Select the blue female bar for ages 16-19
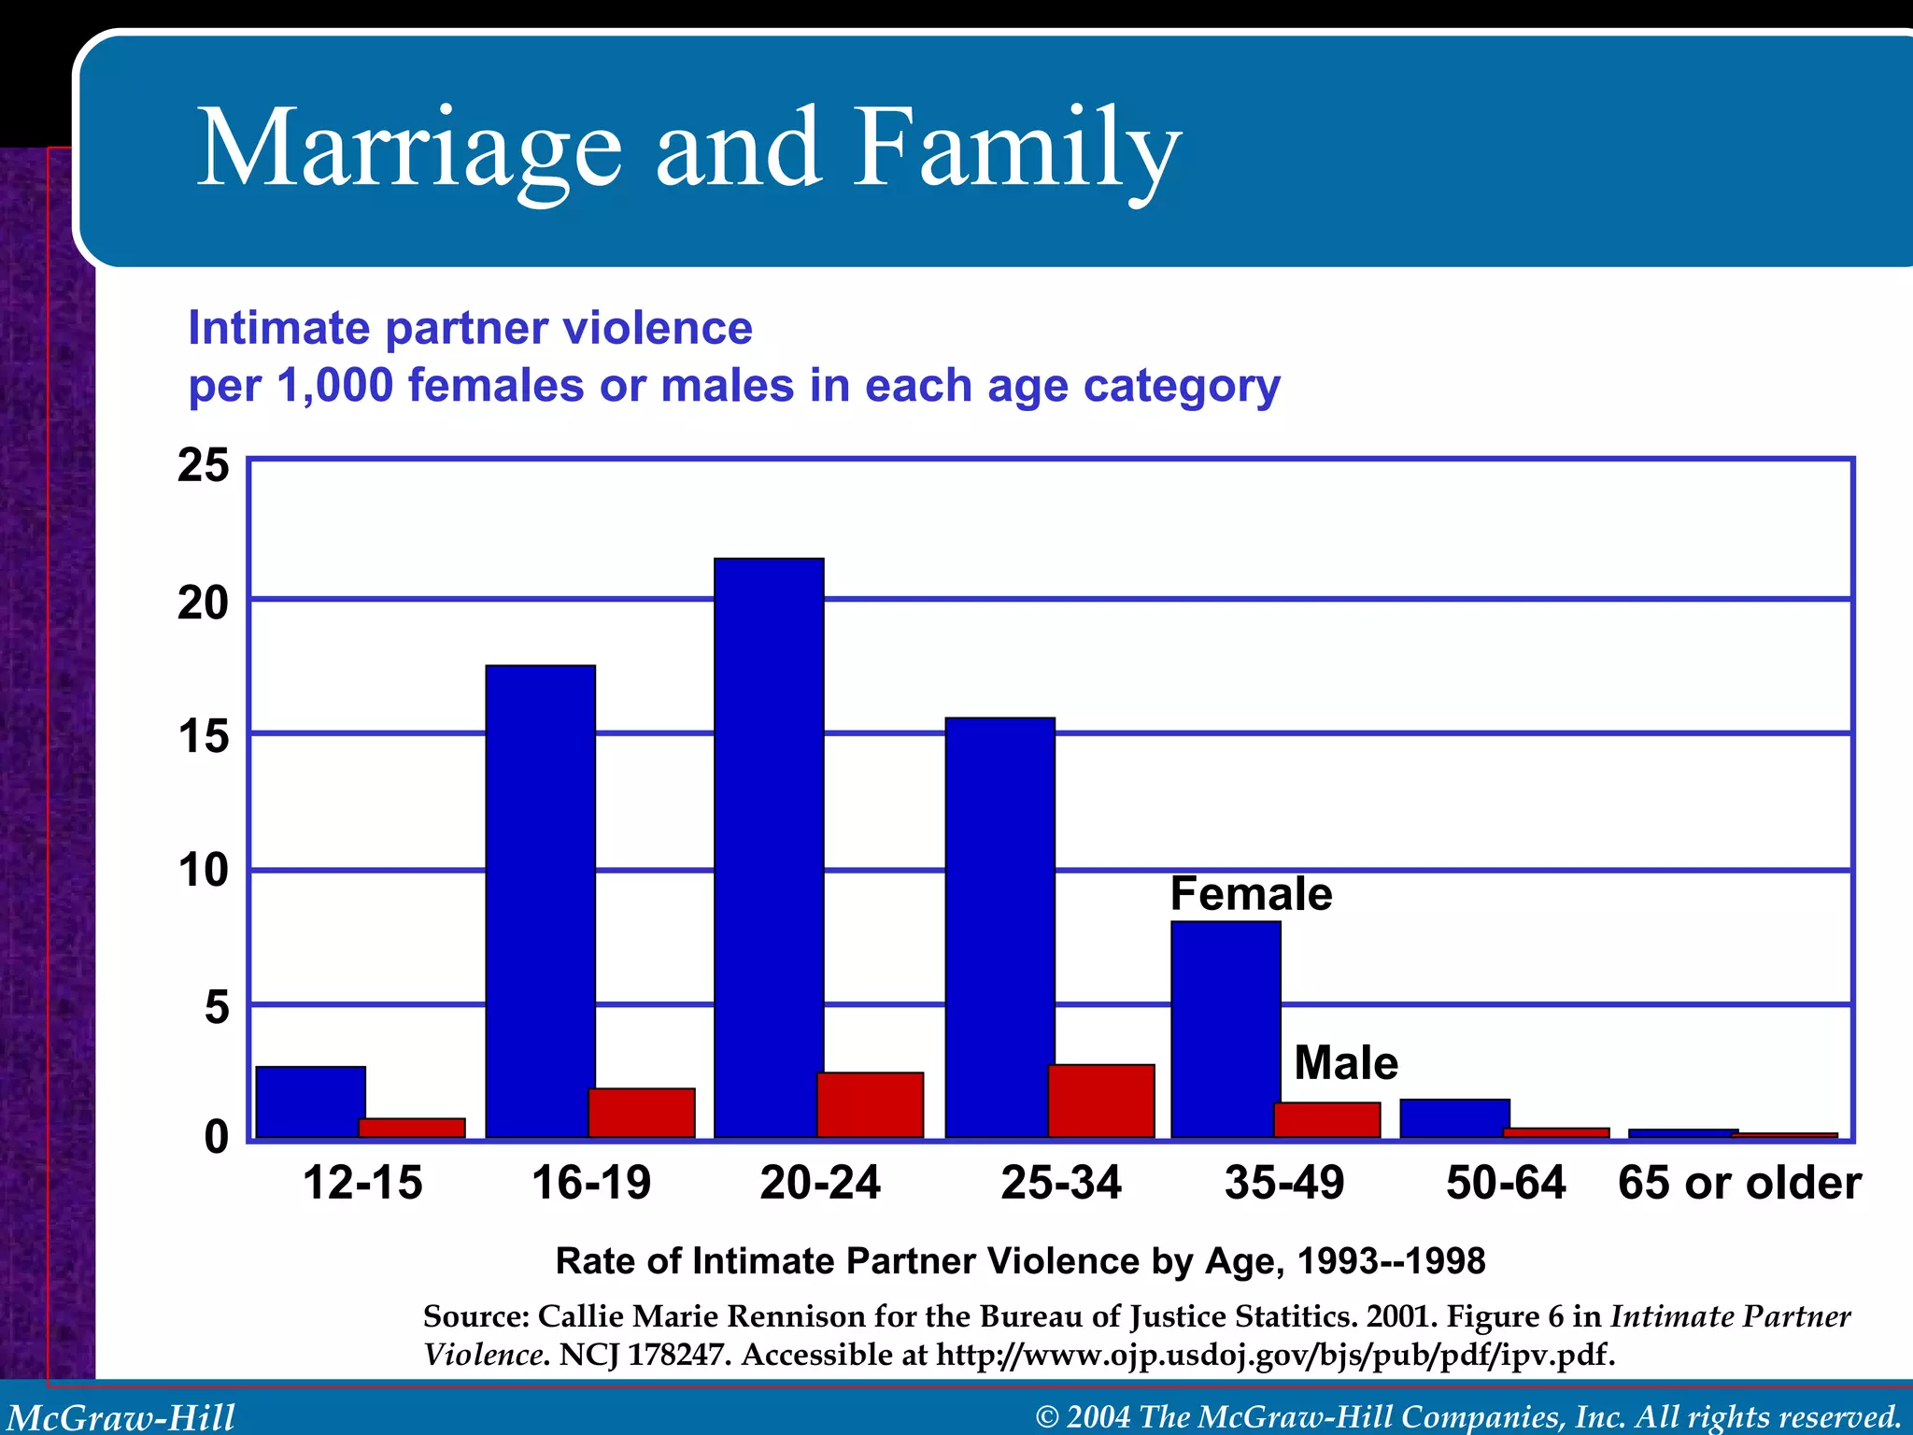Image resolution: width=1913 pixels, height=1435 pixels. coord(540,901)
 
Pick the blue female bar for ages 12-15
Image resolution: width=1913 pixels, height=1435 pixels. coord(310,1101)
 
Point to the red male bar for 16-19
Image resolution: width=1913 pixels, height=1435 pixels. coord(642,1113)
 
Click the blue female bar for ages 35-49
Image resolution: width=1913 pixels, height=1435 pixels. coord(1226,1029)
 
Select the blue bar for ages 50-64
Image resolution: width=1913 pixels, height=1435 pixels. coord(1454,1118)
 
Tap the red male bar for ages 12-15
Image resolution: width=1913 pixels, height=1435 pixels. coord(412,1128)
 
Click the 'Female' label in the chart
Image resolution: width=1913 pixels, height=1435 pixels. coord(1251,894)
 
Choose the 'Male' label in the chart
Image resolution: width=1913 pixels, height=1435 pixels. coord(1346,1063)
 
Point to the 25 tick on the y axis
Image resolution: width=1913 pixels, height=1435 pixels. coord(204,465)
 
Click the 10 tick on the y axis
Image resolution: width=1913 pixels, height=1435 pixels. coord(204,871)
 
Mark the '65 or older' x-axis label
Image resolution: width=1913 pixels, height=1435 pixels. coord(1739,1183)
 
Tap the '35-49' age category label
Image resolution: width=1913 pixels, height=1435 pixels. coord(1284,1183)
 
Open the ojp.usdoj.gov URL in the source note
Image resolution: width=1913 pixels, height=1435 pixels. coord(1275,1354)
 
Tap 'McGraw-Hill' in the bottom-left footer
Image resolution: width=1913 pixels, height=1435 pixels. coord(121,1417)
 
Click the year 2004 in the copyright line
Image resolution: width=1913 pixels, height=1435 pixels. coord(1098,1417)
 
